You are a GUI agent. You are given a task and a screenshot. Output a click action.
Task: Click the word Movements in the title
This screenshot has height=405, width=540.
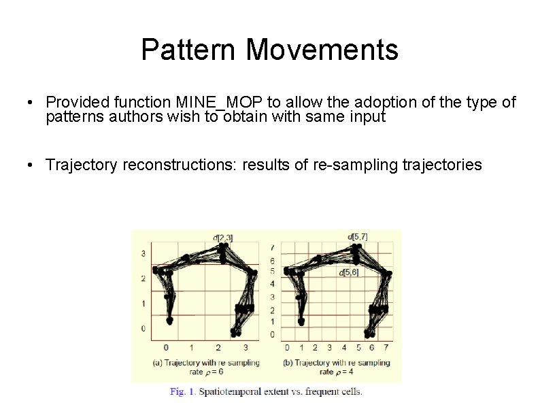click(x=322, y=50)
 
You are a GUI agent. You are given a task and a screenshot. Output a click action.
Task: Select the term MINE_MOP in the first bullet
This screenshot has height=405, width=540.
click(x=220, y=103)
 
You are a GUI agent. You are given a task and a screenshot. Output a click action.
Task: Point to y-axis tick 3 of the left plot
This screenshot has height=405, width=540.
click(x=144, y=254)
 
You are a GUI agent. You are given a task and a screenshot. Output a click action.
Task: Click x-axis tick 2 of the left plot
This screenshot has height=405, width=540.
click(x=218, y=348)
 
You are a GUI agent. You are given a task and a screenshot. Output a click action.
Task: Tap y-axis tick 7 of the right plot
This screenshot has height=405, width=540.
click(x=273, y=247)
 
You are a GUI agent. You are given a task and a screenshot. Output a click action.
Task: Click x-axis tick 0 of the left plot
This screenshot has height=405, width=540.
click(x=166, y=348)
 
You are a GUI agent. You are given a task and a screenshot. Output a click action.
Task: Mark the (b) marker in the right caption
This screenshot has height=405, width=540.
click(x=288, y=363)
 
